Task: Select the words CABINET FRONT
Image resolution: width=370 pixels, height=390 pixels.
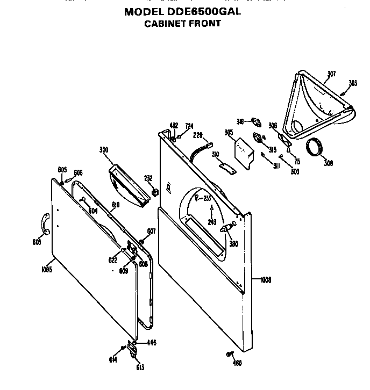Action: click(182, 24)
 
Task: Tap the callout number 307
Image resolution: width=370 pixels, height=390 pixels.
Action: click(331, 74)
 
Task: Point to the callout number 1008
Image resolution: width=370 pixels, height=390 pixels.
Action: click(265, 279)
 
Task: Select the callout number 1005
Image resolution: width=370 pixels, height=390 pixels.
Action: click(46, 270)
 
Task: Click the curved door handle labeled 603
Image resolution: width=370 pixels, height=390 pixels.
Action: click(45, 223)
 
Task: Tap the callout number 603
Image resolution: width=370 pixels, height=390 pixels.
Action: click(37, 242)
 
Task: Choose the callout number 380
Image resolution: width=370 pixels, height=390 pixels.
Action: click(233, 243)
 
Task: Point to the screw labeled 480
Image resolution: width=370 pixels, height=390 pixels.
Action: click(230, 353)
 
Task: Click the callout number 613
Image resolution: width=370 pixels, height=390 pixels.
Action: click(140, 367)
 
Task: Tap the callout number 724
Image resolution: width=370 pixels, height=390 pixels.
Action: click(189, 126)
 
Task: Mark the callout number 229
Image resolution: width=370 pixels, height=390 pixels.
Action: click(197, 135)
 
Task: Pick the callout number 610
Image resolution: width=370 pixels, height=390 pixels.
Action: click(115, 204)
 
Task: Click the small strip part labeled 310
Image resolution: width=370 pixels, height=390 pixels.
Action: click(227, 168)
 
